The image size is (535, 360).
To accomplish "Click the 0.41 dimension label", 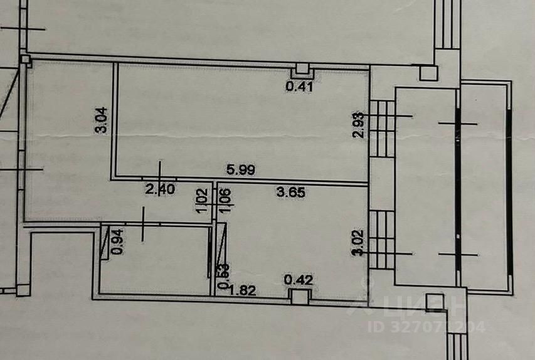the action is [x=299, y=87].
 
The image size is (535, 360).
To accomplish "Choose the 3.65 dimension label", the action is [x=291, y=193].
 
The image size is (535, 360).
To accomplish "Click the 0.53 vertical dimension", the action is [x=222, y=277].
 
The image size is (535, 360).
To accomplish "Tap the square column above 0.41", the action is [x=302, y=70].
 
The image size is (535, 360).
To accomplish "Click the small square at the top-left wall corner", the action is [x=25, y=60].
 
